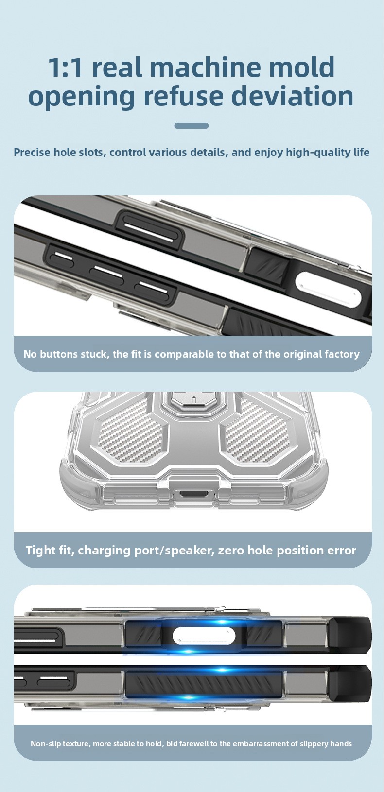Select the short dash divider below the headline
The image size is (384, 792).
click(192, 125)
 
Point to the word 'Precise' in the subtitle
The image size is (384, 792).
click(32, 152)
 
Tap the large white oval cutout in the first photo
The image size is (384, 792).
click(328, 289)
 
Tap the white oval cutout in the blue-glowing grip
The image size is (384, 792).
click(204, 636)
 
